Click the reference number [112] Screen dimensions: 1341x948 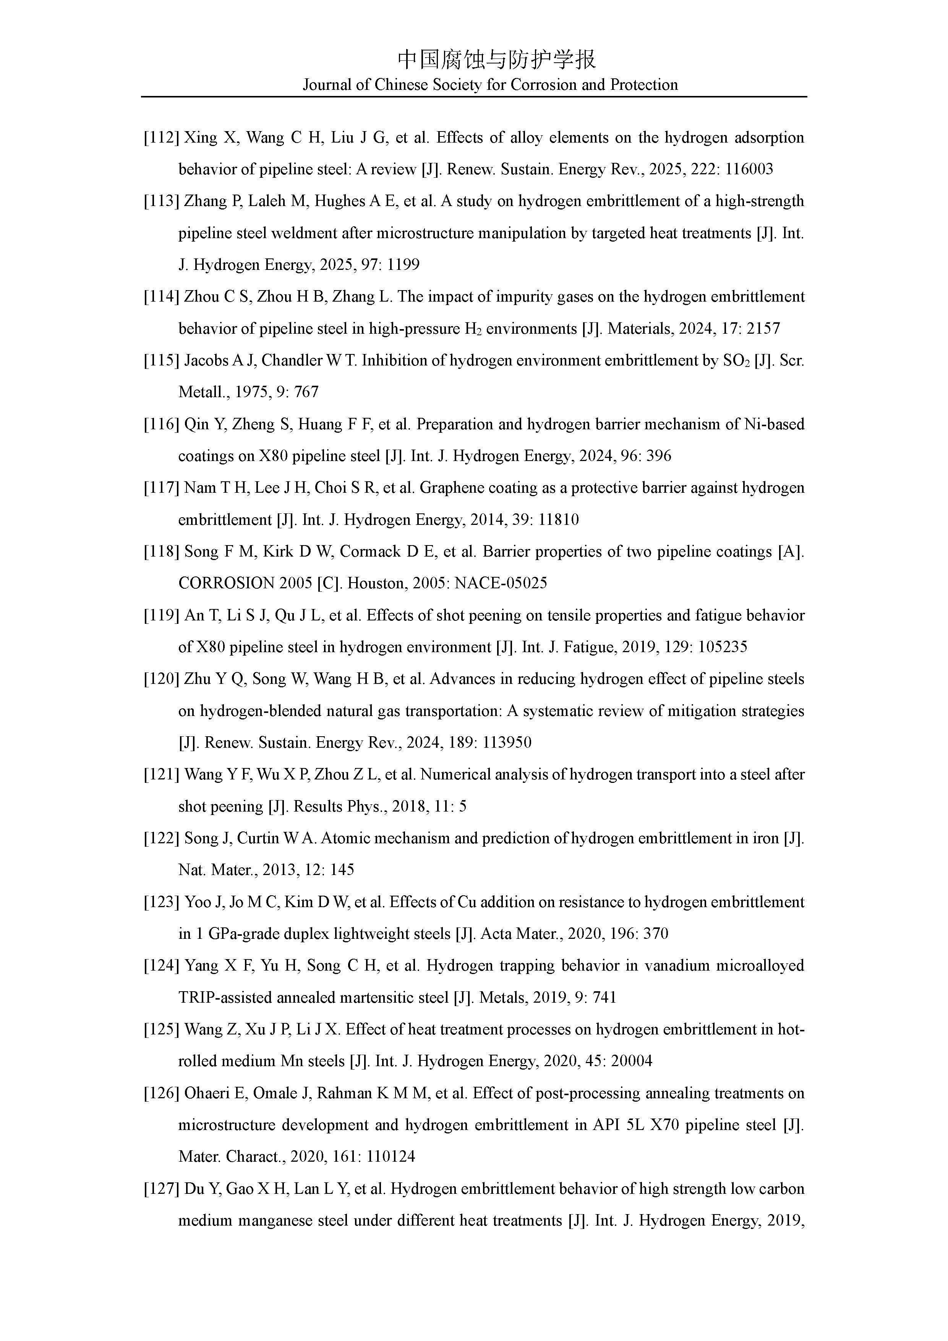click(161, 138)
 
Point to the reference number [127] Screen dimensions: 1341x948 click(161, 1188)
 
